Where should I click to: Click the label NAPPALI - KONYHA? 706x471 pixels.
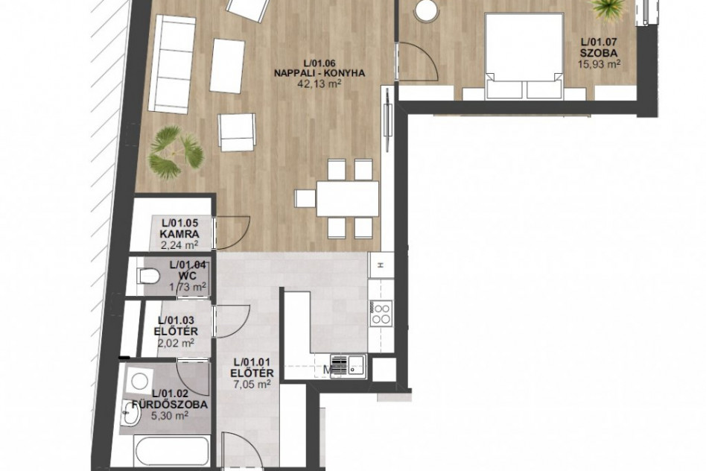tap(319, 73)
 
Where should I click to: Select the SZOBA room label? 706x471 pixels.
tap(599, 53)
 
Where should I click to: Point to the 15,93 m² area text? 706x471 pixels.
tap(599, 64)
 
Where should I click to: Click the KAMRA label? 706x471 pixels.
tap(179, 234)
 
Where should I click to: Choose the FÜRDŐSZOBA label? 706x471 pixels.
tap(170, 404)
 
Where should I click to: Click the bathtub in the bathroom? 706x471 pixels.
tap(171, 451)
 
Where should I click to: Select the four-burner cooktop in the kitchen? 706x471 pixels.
tap(381, 313)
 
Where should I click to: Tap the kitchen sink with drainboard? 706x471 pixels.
tap(348, 365)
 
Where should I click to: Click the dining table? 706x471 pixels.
tap(348, 199)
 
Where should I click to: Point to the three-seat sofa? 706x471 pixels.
tap(172, 63)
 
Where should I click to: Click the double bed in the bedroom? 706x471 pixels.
tap(524, 55)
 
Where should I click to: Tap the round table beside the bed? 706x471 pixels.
tap(426, 10)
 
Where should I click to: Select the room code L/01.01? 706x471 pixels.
tap(252, 362)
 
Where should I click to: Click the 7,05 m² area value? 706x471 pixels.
tap(252, 385)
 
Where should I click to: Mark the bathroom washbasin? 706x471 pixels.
tap(132, 414)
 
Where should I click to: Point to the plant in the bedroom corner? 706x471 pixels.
tap(608, 7)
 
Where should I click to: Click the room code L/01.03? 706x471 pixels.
tap(176, 320)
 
